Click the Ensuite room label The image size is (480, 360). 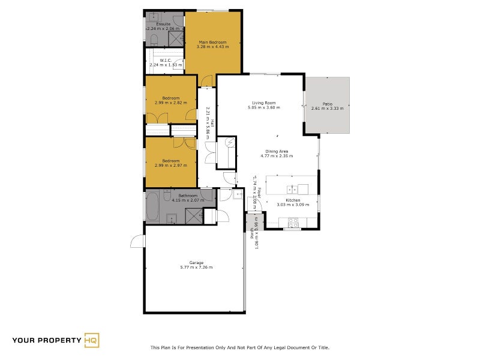point(163,24)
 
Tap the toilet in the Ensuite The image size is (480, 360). point(154,40)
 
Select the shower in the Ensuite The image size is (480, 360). point(175,38)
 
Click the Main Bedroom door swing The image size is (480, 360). point(207,81)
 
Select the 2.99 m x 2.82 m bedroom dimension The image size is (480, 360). point(170,103)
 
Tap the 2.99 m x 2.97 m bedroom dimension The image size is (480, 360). point(170,165)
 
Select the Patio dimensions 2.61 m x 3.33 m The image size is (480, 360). point(327,109)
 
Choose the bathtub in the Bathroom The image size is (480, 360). point(152,207)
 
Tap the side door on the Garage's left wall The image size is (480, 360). point(138,241)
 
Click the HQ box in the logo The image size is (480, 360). point(92,340)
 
